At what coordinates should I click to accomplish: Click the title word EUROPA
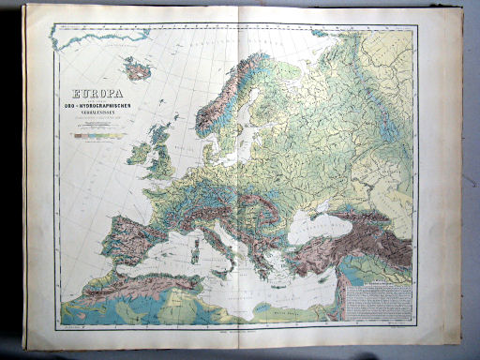[92, 93]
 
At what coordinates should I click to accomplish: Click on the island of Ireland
[139, 153]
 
